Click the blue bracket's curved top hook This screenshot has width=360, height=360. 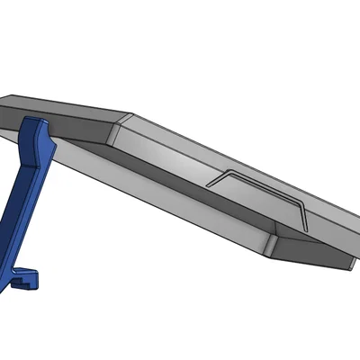click(x=35, y=125)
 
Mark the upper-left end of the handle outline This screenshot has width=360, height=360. click(x=209, y=184)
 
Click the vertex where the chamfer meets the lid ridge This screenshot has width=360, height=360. click(x=131, y=116)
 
